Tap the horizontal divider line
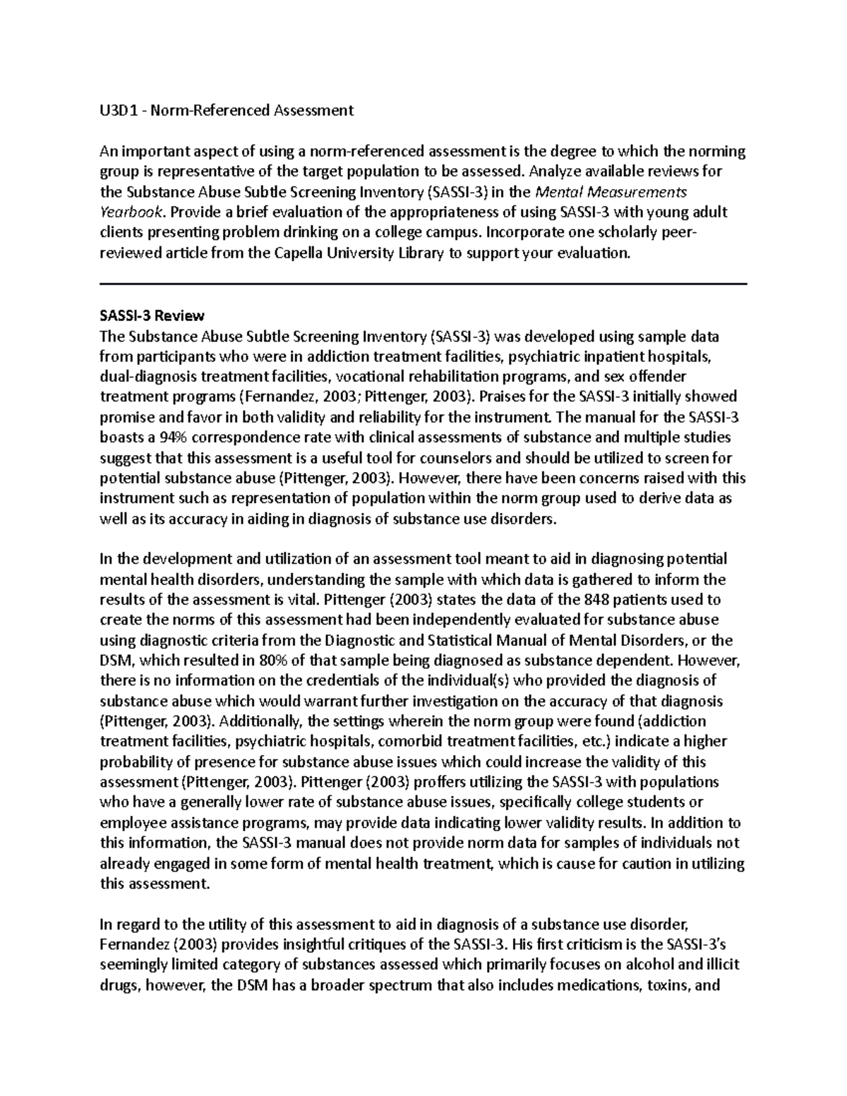pyautogui.click(x=423, y=284)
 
